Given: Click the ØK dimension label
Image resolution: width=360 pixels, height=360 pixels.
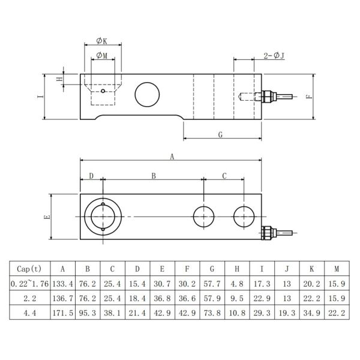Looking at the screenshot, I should pos(102,41).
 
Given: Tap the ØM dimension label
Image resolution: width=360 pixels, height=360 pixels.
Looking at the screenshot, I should pos(102,56).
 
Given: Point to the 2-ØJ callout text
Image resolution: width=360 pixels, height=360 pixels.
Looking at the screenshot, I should pos(274,56).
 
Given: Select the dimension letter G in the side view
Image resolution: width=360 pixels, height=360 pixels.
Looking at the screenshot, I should pos(221,135).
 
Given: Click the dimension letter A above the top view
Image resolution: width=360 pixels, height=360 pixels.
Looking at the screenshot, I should pos(172,157).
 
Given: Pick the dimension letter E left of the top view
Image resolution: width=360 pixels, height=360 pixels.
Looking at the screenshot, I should pos(47,217).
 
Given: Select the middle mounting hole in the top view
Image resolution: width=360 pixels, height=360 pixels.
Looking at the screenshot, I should pos(204,216).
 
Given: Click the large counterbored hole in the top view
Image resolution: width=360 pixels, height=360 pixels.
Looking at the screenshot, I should pos(103,217).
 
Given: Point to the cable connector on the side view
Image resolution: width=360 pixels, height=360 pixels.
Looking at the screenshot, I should pos(267,96).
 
